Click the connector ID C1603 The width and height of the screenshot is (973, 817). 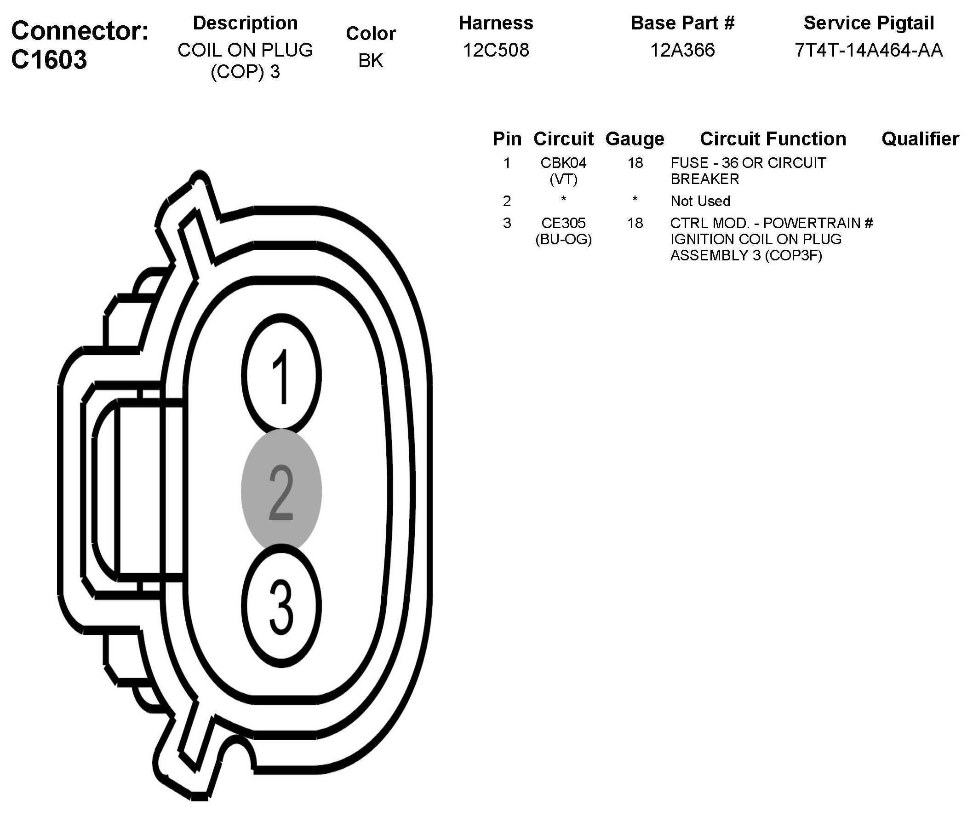[49, 60]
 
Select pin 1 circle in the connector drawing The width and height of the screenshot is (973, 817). [281, 375]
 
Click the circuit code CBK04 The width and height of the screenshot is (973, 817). [563, 163]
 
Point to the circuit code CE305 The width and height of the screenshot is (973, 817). [563, 224]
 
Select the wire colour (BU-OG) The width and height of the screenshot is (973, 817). [563, 239]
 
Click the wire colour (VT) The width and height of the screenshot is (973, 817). [563, 179]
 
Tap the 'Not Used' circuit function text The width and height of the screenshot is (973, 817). [700, 201]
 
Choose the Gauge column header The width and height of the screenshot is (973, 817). [635, 138]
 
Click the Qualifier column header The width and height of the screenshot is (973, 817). [920, 138]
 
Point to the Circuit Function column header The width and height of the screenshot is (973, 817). [773, 138]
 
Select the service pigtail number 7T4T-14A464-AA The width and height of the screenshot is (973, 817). [869, 50]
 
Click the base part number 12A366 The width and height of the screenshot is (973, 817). [682, 50]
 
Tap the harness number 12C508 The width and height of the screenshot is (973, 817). [496, 50]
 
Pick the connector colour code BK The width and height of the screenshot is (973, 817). [371, 61]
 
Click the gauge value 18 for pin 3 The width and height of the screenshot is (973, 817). [635, 224]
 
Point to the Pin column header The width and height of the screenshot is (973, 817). [507, 138]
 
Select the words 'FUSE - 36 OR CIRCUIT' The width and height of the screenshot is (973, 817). [748, 163]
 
